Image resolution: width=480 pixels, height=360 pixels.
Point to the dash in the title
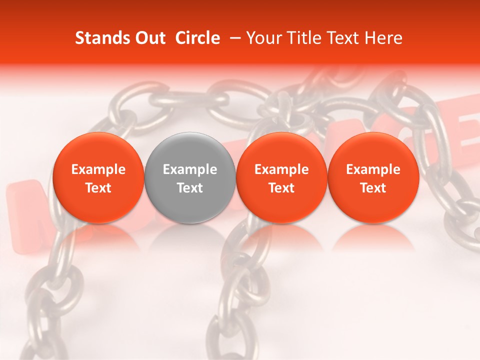point(233,38)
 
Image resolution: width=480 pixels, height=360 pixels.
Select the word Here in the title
point(383,38)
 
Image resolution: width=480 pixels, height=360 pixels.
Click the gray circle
point(190,150)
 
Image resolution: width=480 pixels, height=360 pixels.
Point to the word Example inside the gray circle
point(190,169)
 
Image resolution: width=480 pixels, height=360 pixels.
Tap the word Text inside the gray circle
point(190,188)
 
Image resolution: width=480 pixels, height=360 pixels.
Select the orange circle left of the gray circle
point(98,150)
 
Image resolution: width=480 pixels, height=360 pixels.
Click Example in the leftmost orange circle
point(98,169)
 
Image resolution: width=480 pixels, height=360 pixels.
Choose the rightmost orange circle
point(373,150)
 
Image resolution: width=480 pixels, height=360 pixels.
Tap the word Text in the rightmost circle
point(373,188)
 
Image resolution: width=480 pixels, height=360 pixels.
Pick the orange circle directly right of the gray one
point(281,150)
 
